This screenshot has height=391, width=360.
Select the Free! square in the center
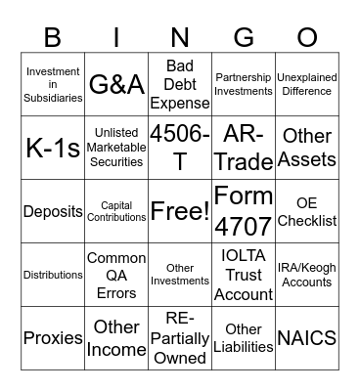(x=180, y=210)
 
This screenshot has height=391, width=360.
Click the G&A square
(x=116, y=84)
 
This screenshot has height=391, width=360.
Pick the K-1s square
(x=53, y=147)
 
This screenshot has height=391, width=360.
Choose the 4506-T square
(x=180, y=147)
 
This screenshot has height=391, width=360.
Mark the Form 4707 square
(x=244, y=210)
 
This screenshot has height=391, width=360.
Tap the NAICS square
(x=307, y=337)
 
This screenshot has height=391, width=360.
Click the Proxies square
(x=53, y=337)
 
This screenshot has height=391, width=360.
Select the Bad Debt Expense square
(x=180, y=84)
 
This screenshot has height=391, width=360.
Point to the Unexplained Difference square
(x=307, y=84)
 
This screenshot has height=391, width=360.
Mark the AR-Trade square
(x=244, y=147)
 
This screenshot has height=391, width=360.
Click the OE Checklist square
(x=307, y=210)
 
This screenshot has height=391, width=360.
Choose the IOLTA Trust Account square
(x=244, y=274)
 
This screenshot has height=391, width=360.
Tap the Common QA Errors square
(x=116, y=274)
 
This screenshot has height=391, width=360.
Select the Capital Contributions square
(x=116, y=210)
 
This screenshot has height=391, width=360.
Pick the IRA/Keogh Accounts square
(x=307, y=274)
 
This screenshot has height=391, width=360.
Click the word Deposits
(x=53, y=211)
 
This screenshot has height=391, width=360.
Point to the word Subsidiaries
(x=53, y=97)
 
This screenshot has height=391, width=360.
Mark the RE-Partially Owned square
(x=180, y=337)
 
